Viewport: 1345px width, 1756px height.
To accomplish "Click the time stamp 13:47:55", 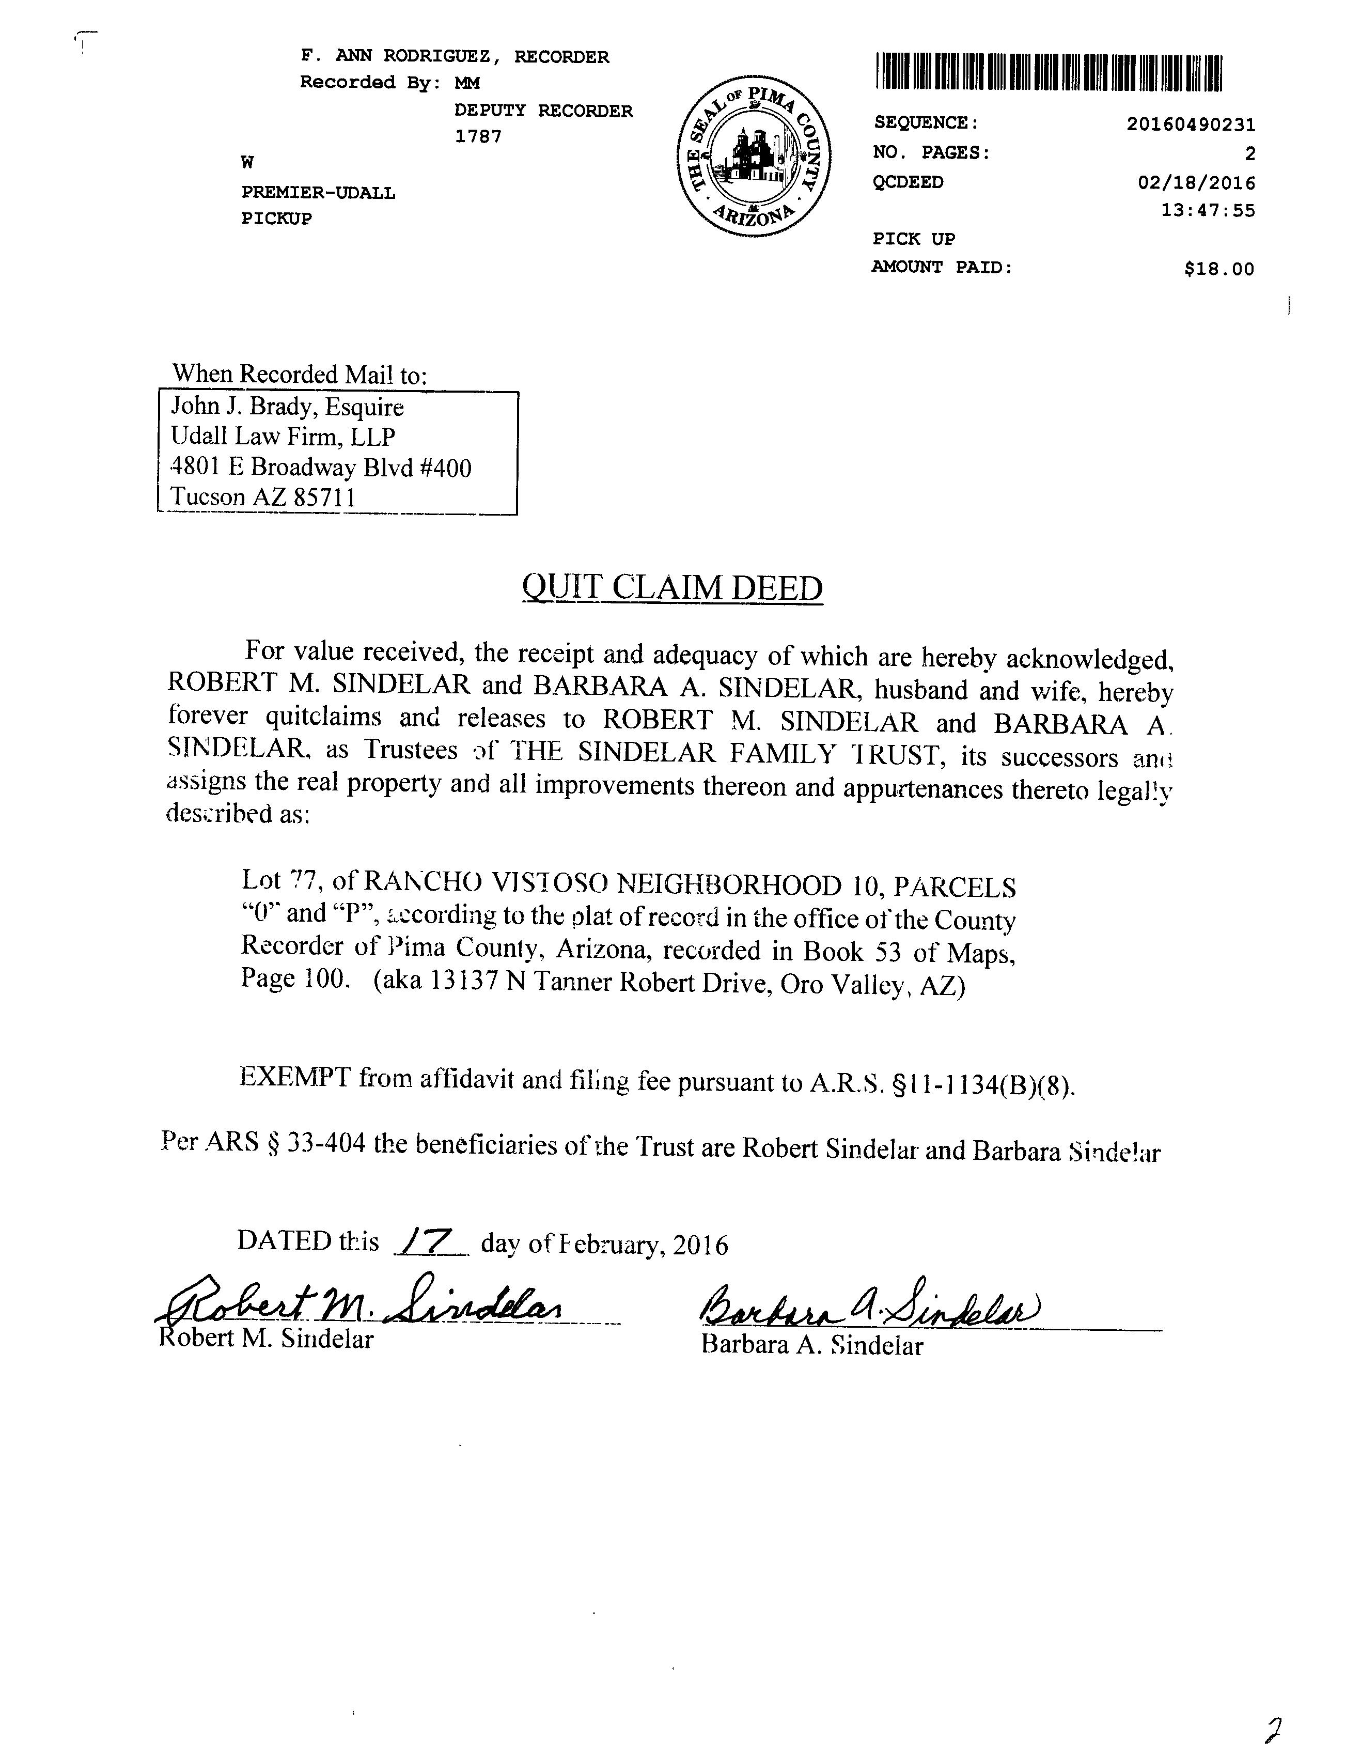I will click(1208, 211).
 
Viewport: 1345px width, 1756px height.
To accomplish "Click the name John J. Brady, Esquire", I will click(287, 408).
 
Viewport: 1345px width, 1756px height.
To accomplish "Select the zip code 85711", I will click(324, 498).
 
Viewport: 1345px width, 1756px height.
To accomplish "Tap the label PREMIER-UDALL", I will click(318, 193).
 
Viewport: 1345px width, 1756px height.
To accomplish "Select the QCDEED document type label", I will click(908, 182).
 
